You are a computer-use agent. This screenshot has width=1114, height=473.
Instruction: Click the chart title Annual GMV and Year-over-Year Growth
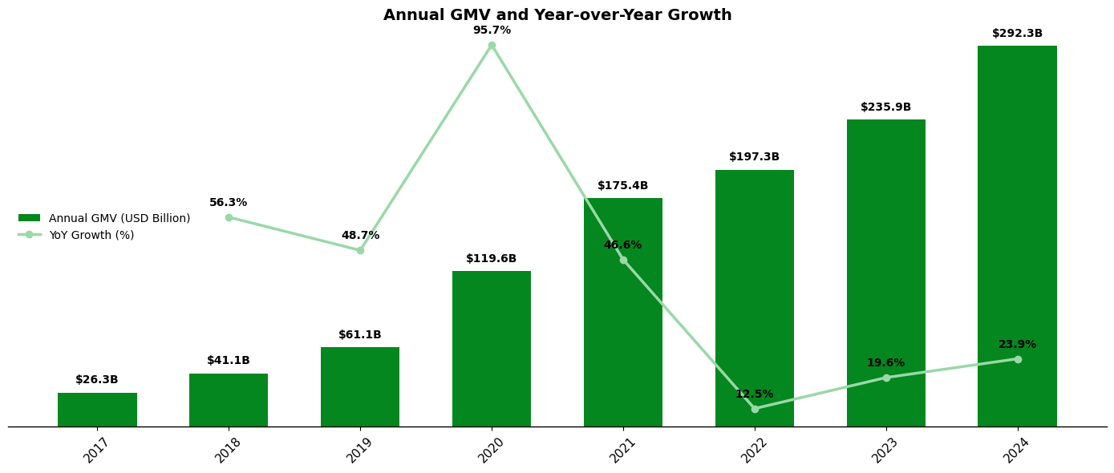point(557,15)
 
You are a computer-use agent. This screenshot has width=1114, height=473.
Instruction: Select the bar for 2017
point(97,410)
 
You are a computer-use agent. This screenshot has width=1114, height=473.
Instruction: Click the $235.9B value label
point(885,107)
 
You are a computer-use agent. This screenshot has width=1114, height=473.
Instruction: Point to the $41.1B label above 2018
point(229,361)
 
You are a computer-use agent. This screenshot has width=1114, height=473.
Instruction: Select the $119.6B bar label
point(492,259)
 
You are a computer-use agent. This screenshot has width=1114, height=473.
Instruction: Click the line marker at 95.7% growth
point(492,46)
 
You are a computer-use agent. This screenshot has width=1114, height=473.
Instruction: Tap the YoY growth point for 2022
point(755,409)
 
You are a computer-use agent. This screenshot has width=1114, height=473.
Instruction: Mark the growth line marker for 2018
point(229,217)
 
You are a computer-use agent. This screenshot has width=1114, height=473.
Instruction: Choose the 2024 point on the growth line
point(1018,359)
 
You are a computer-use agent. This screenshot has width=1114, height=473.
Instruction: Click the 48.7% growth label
point(360,236)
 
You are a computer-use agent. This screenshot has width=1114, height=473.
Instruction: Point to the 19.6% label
point(885,363)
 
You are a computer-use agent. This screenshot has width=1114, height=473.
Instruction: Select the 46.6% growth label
point(622,245)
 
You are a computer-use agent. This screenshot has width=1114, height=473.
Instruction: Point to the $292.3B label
point(1017,34)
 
